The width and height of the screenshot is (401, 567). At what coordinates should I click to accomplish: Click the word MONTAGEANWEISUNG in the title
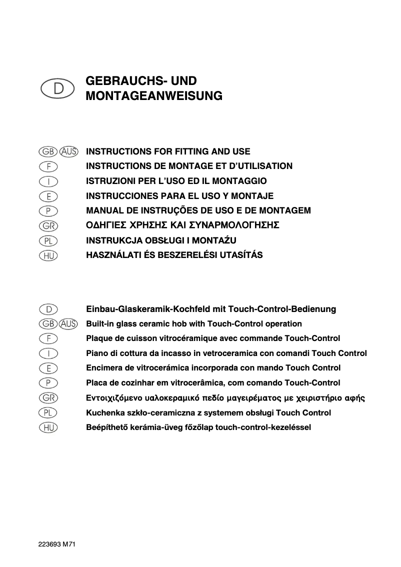point(154,96)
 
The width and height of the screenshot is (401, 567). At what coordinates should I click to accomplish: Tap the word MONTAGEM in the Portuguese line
point(287,210)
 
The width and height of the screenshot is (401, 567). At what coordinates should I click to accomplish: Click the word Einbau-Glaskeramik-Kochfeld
point(143,309)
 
